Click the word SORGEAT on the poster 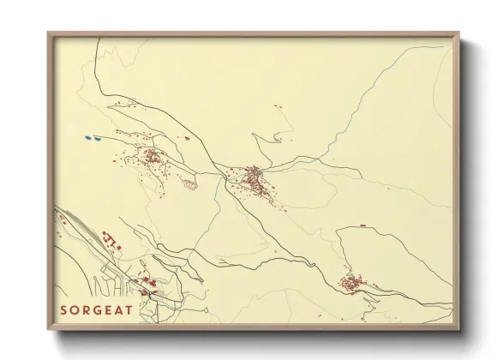pyautogui.click(x=96, y=309)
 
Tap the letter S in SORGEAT pyautogui.click(x=63, y=309)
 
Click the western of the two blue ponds pyautogui.click(x=87, y=136)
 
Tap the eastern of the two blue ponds pyautogui.click(x=98, y=137)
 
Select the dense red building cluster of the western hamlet pyautogui.click(x=151, y=157)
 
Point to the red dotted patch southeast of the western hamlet pyautogui.click(x=189, y=183)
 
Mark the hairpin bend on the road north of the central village pyautogui.click(x=254, y=135)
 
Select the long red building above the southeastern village pyautogui.click(x=363, y=225)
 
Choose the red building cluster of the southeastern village pyautogui.click(x=351, y=282)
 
